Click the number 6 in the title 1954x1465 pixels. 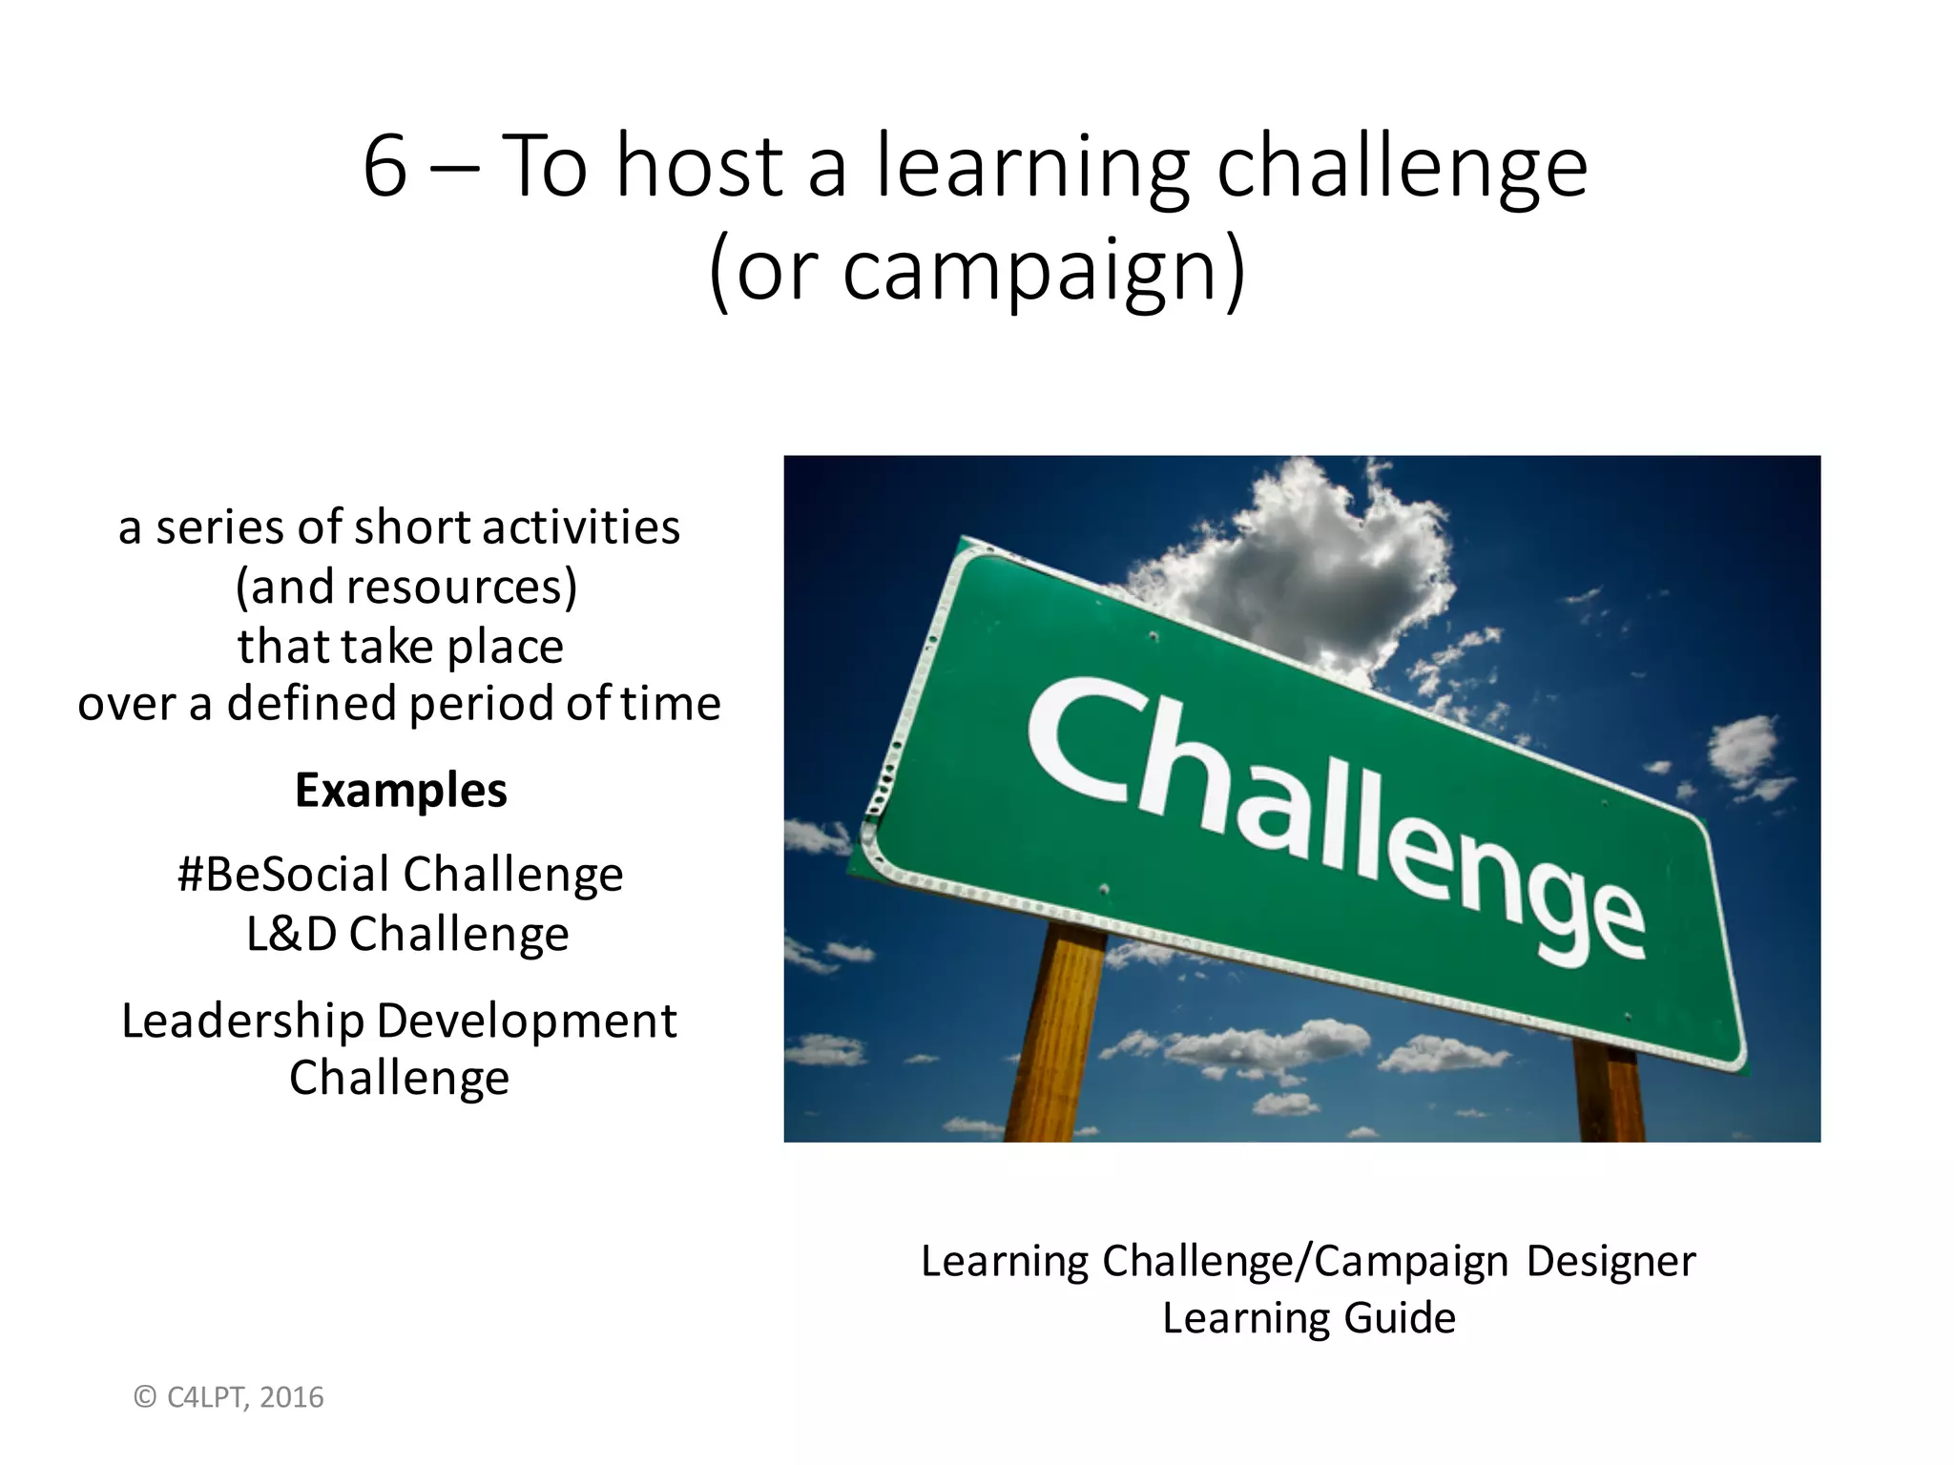tap(385, 167)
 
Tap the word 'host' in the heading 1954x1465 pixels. tap(699, 167)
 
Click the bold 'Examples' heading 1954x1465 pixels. tap(401, 790)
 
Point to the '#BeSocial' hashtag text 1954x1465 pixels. tap(283, 875)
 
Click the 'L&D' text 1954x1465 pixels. tap(291, 934)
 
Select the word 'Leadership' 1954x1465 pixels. tap(242, 1021)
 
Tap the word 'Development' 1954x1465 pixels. tap(527, 1021)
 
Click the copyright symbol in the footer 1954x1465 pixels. tap(145, 1397)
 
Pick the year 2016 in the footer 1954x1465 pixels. tap(292, 1397)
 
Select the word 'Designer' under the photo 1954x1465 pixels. tap(1611, 1262)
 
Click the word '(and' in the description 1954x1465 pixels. tap(286, 587)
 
